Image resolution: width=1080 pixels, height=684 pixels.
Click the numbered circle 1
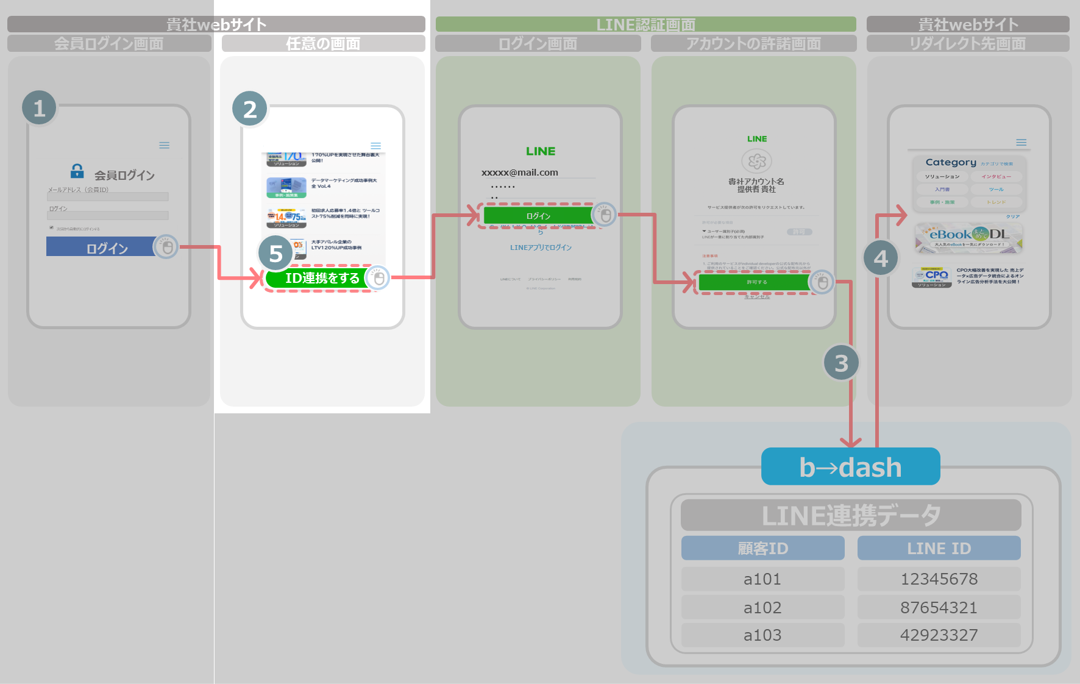(39, 108)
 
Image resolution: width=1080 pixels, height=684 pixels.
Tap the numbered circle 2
(250, 109)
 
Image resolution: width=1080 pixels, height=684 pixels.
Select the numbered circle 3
(841, 363)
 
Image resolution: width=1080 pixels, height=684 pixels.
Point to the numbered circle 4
(881, 258)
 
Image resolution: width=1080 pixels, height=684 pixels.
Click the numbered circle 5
(275, 253)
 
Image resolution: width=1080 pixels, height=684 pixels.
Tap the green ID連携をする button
(322, 278)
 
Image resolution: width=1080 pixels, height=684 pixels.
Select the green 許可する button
(756, 282)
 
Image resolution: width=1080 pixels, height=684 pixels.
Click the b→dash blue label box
(850, 467)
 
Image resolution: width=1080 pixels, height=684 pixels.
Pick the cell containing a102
(762, 607)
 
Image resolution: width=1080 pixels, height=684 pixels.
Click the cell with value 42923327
(939, 635)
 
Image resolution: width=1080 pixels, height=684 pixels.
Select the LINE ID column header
(939, 548)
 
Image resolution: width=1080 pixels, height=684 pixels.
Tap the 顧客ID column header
(762, 548)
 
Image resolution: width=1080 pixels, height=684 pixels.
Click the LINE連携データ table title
(850, 515)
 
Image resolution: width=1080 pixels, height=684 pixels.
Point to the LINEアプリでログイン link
(541, 248)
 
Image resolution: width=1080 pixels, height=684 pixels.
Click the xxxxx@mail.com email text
(520, 173)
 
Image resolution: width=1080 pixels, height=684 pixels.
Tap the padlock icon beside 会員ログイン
(77, 171)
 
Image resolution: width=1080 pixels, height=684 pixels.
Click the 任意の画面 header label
(323, 43)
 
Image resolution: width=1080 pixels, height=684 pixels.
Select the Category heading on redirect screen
(951, 162)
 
